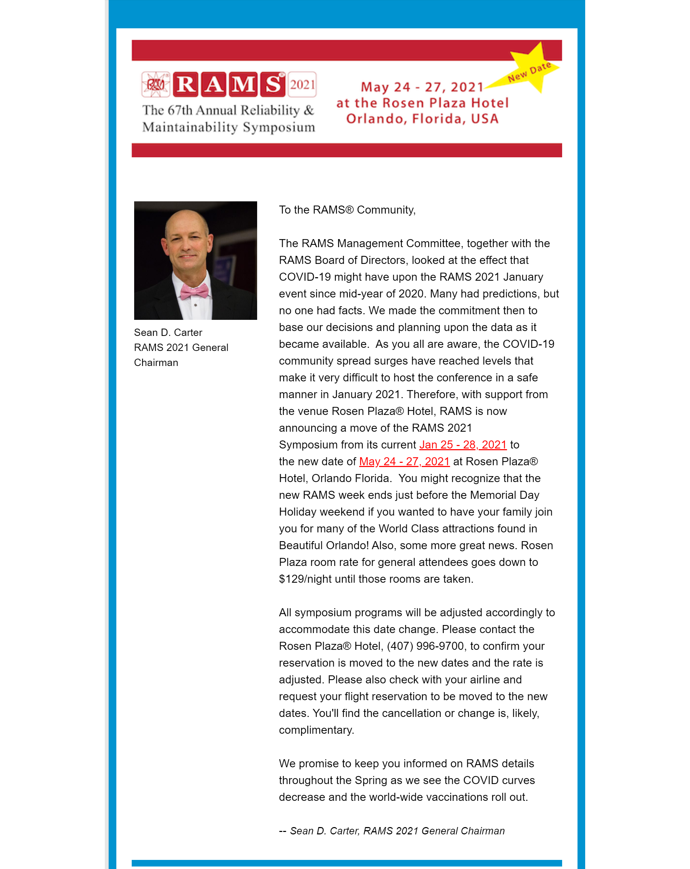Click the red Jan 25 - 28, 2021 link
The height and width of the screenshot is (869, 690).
[463, 445]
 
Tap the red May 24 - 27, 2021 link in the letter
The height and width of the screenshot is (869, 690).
[404, 461]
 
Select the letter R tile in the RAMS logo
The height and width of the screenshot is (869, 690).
[185, 85]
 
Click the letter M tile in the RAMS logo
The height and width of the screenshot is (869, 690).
[243, 85]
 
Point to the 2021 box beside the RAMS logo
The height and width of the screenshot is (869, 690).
[302, 85]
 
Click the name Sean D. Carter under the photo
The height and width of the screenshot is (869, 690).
[168, 332]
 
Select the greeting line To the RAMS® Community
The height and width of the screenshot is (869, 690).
[347, 210]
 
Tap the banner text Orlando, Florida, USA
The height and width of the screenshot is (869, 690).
[422, 119]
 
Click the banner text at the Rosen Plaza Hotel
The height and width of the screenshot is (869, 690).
[422, 103]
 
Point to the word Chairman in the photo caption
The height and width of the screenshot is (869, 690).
[156, 363]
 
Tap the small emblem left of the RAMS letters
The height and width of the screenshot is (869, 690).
[155, 85]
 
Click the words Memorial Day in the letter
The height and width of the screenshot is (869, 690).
[504, 495]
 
